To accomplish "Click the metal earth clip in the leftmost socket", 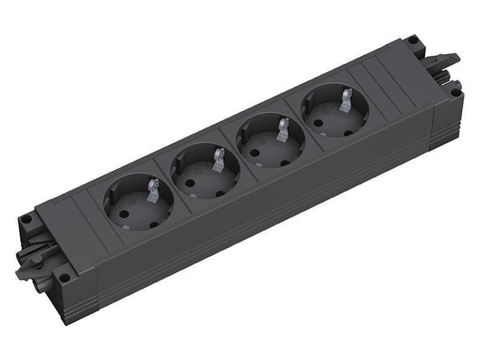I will click(x=152, y=190).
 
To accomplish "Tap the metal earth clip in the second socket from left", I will click(x=218, y=160).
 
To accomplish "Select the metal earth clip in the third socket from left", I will click(x=283, y=129).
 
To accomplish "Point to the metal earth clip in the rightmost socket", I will click(x=346, y=99).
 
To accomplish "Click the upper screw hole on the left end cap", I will click(x=26, y=220).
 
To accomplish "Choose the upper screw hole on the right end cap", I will click(x=412, y=41).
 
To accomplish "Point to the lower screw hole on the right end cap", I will click(x=456, y=93).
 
